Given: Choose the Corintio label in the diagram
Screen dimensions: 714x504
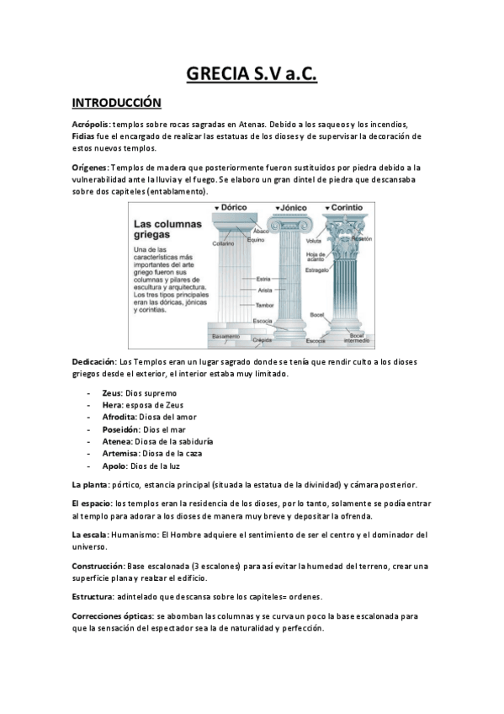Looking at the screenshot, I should (342, 207).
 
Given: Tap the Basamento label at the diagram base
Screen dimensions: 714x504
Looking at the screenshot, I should (225, 337).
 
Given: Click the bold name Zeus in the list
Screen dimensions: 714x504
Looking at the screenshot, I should (111, 393).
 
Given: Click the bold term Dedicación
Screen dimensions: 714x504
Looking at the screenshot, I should (93, 361).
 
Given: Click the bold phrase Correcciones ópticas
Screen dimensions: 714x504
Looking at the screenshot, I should (112, 616).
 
